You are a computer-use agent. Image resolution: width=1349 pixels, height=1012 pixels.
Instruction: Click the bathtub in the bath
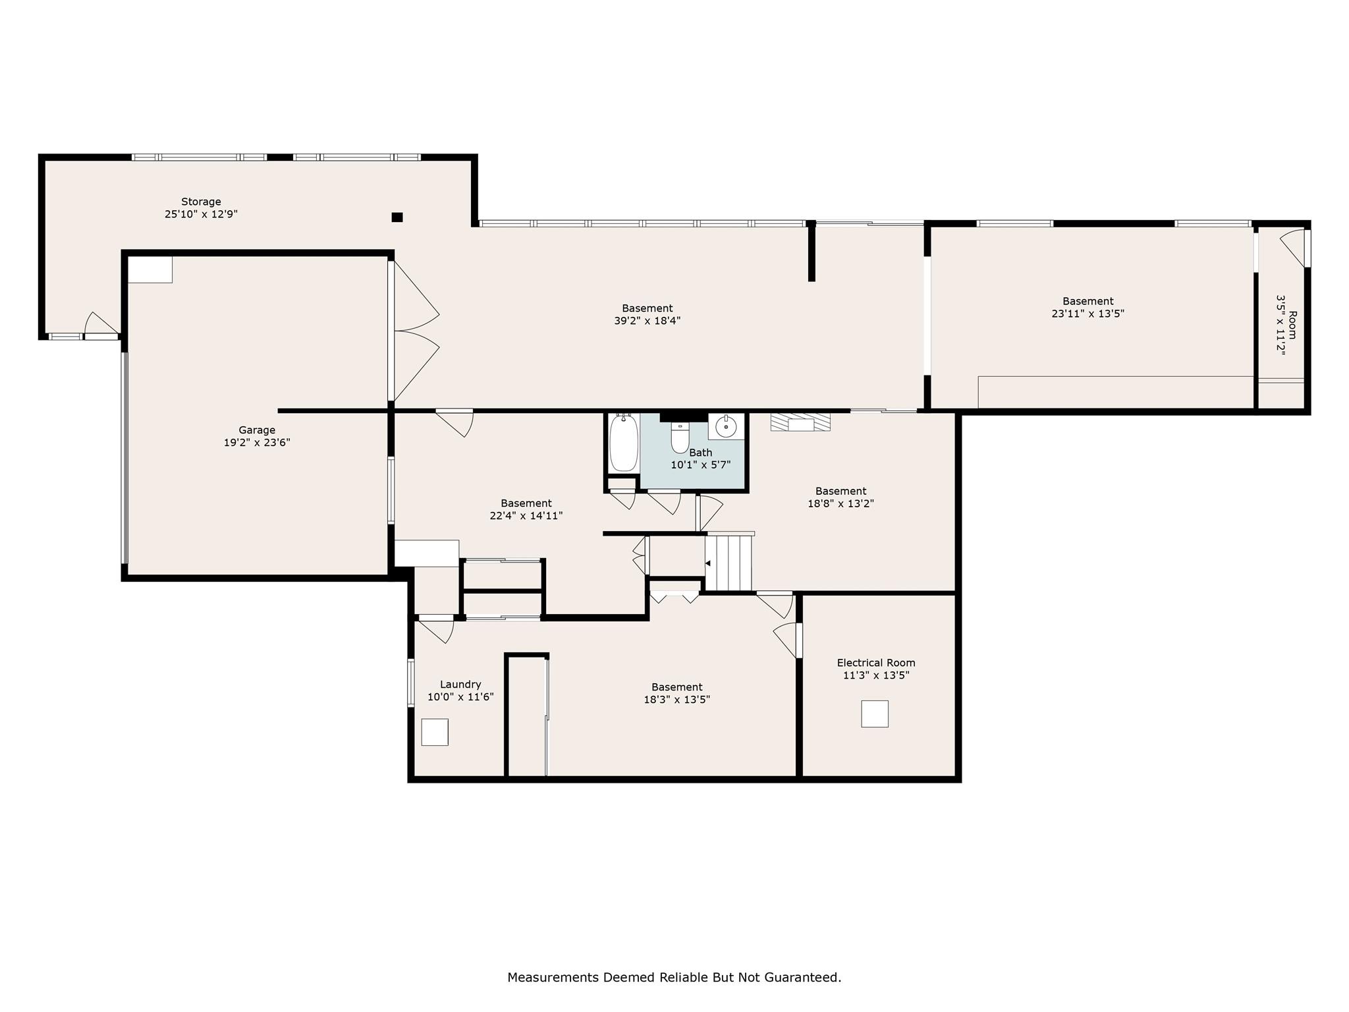623,443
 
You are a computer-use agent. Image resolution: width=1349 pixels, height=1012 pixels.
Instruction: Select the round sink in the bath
726,426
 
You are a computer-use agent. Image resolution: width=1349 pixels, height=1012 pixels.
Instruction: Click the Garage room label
257,430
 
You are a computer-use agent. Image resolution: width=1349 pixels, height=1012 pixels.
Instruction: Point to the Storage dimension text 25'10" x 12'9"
201,214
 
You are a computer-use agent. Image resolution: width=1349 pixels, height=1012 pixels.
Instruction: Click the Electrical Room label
876,663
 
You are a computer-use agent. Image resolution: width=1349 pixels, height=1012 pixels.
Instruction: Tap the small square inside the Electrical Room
874,714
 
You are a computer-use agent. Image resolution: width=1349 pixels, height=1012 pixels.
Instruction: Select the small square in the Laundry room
435,732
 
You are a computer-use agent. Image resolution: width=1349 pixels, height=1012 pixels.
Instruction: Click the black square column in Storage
397,217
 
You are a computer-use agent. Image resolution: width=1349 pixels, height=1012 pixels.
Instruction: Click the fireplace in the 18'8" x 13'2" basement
800,422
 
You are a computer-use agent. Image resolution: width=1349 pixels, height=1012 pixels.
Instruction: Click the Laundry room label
460,685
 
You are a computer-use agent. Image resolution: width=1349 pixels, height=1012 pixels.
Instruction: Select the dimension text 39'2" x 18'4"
647,321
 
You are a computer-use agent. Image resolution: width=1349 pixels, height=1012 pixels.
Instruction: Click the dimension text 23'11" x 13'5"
1087,314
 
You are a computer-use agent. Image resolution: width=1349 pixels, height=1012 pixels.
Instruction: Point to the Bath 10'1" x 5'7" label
700,459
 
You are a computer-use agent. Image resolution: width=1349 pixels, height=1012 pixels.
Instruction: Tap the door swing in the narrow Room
1293,247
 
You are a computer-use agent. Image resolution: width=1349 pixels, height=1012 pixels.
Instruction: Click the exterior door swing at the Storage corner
101,323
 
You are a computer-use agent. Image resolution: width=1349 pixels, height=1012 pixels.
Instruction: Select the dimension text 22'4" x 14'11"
526,516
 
